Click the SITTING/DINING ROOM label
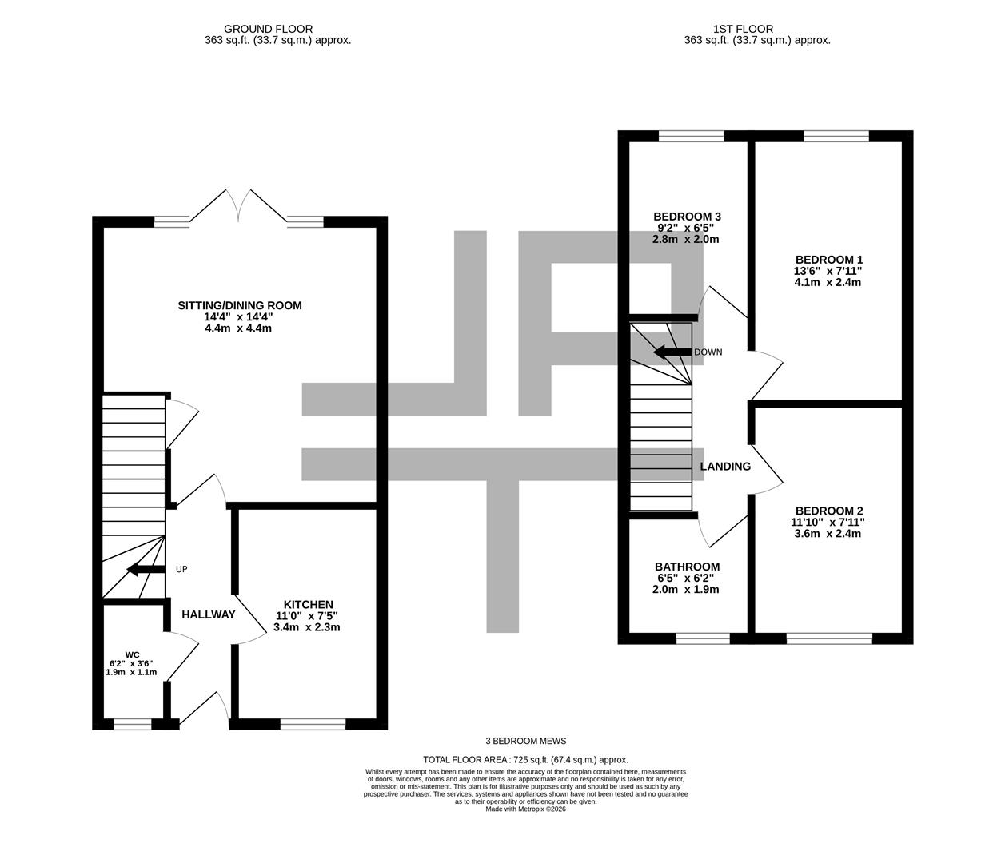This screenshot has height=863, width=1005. (240, 305)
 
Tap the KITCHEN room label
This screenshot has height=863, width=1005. (308, 604)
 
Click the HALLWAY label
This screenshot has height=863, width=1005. (208, 614)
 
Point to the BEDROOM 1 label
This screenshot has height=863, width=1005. (828, 260)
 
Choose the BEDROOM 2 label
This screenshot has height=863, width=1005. (828, 511)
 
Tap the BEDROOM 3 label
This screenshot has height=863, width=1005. (687, 217)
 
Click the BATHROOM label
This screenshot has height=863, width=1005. (687, 567)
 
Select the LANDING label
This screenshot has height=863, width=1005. (725, 467)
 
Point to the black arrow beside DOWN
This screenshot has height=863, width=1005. (671, 352)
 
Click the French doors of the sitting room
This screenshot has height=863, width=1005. (239, 206)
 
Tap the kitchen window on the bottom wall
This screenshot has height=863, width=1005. (313, 724)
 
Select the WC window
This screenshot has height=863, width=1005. (132, 724)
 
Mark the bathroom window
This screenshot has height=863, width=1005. (703, 638)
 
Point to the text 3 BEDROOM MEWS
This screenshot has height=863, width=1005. (525, 741)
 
